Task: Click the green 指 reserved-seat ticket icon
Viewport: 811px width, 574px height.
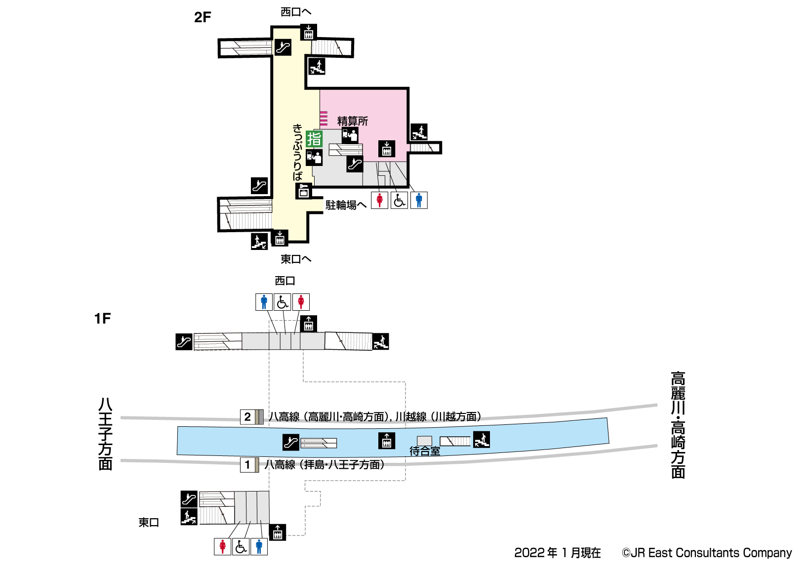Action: (314, 139)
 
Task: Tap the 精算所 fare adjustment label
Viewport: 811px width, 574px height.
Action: (352, 121)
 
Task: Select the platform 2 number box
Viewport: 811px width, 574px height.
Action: (247, 417)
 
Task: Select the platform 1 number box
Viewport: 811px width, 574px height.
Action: (247, 465)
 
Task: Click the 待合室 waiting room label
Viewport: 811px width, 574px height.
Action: (424, 451)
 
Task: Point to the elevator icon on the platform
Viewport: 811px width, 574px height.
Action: (386, 440)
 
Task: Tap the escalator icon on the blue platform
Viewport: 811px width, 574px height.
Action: (291, 442)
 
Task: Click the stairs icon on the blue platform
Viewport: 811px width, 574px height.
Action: (482, 439)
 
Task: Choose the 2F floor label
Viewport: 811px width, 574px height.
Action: (203, 17)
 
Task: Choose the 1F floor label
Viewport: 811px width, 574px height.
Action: (103, 319)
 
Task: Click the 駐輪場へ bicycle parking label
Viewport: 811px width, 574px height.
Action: (346, 205)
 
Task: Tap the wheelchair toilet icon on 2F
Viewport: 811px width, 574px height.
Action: (399, 200)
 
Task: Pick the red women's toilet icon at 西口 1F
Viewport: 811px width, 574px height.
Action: (301, 302)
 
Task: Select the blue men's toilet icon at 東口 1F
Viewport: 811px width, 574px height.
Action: (259, 546)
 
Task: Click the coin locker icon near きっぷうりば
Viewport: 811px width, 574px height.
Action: (303, 191)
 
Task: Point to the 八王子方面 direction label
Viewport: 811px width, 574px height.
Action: (105, 434)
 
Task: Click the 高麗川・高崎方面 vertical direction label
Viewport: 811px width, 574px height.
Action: (678, 425)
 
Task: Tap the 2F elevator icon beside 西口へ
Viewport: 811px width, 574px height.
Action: (308, 33)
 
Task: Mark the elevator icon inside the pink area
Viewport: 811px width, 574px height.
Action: (386, 149)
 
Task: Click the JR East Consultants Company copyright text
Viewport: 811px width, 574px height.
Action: (706, 553)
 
